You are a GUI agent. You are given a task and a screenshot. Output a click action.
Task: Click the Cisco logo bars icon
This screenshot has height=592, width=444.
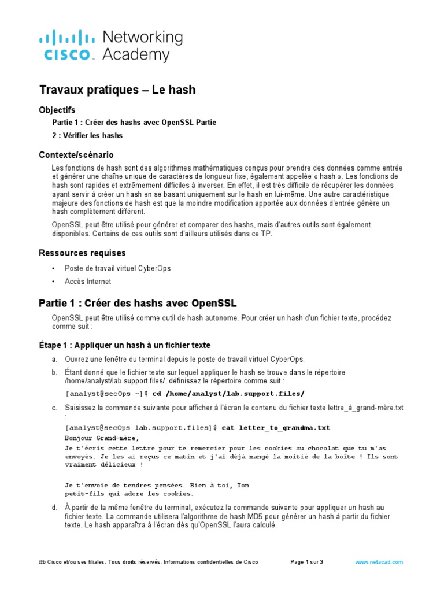(67, 39)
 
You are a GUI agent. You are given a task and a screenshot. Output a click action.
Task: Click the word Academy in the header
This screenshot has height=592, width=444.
(136, 55)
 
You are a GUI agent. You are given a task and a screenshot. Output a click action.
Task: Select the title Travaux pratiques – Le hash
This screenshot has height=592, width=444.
(117, 90)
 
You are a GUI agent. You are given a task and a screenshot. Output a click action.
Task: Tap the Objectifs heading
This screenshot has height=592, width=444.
(57, 110)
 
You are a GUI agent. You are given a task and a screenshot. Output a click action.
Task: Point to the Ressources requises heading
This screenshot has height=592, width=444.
(82, 253)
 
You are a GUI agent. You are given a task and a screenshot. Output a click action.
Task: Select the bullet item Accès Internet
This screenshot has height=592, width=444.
(88, 282)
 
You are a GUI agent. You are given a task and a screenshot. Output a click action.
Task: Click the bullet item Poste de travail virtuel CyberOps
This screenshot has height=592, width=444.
(117, 269)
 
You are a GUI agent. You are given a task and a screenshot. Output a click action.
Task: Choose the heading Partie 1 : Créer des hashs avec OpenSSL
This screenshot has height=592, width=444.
(138, 304)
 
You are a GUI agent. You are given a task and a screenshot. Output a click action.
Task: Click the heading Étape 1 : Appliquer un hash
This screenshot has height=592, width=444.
(124, 345)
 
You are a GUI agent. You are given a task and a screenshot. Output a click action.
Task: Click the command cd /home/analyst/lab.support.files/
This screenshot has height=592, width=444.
(228, 394)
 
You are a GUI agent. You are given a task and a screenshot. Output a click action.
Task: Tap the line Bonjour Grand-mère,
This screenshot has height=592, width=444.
(102, 438)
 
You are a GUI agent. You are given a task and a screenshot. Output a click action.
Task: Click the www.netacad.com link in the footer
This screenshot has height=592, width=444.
(379, 562)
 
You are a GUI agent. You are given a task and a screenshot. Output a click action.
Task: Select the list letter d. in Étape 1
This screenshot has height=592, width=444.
(54, 508)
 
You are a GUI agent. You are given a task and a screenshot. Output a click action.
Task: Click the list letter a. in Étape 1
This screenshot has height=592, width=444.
(54, 359)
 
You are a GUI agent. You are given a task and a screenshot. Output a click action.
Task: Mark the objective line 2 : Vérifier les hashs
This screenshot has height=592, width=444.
(87, 135)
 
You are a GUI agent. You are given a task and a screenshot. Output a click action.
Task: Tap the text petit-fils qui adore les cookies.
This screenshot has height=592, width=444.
(129, 494)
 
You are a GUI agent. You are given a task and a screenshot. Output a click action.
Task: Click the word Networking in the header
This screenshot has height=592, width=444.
(142, 38)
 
